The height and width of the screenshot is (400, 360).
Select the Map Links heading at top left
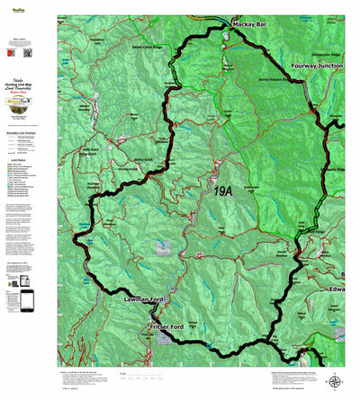[x=27, y=39]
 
